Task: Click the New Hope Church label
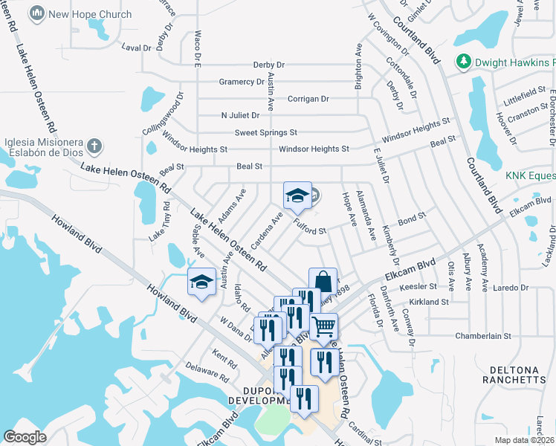pyautogui.click(x=89, y=14)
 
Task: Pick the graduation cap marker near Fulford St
pyautogui.click(x=297, y=196)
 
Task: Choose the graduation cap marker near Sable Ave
pyautogui.click(x=201, y=283)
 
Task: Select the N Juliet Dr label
pyautogui.click(x=240, y=115)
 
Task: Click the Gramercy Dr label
pyautogui.click(x=241, y=82)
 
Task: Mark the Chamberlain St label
pyautogui.click(x=483, y=336)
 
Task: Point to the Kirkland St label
pyautogui.click(x=428, y=303)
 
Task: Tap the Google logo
pyautogui.click(x=25, y=436)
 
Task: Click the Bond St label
pyautogui.click(x=410, y=221)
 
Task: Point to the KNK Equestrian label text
pyautogui.click(x=530, y=175)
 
